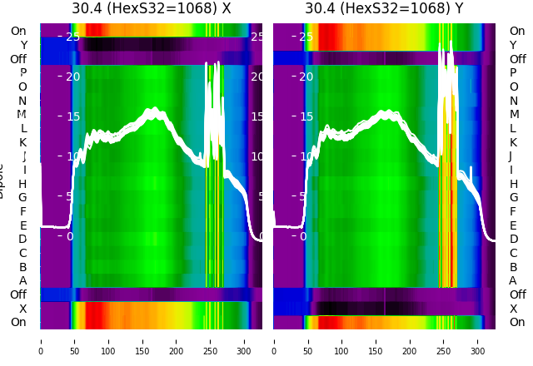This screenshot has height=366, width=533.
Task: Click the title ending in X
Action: (151, 9)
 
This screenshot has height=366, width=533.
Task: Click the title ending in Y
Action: (384, 9)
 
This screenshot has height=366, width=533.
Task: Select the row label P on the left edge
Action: (22, 73)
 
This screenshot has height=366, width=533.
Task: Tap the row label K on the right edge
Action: (513, 142)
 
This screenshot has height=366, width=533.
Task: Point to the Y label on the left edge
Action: (23, 45)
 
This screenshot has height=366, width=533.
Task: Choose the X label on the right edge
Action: (513, 309)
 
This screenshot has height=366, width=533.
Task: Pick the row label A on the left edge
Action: (22, 281)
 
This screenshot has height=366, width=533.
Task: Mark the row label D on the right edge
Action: (513, 240)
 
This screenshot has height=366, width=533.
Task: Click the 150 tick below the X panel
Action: (142, 340)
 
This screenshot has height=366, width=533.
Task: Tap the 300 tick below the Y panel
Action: (478, 340)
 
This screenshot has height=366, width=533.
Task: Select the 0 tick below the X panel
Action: (40, 340)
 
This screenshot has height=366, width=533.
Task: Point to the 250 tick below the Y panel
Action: (444, 340)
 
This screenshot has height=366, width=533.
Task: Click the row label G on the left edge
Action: (22, 198)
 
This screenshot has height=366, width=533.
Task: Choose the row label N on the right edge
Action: (513, 101)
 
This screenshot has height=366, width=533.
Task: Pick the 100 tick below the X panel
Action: (108, 340)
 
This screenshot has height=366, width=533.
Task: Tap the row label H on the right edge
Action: (513, 184)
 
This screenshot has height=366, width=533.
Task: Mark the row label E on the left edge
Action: (22, 225)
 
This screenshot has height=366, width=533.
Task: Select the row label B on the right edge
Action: (513, 267)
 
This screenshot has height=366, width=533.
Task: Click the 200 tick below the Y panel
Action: (410, 340)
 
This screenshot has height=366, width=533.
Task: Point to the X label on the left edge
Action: (23, 309)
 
